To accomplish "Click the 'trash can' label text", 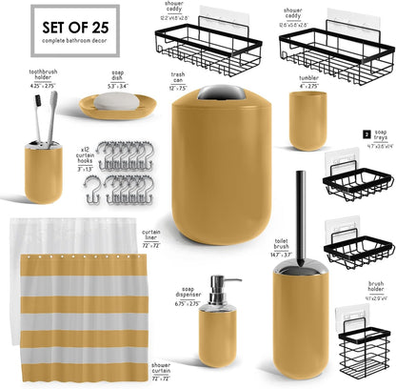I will [x=178, y=76].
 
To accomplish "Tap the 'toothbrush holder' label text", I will [x=44, y=75].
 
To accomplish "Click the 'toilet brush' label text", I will [x=280, y=245].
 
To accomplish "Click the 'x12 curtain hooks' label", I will [x=84, y=156].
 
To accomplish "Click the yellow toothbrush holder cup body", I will [x=44, y=172].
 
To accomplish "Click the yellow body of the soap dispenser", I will [x=219, y=339].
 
